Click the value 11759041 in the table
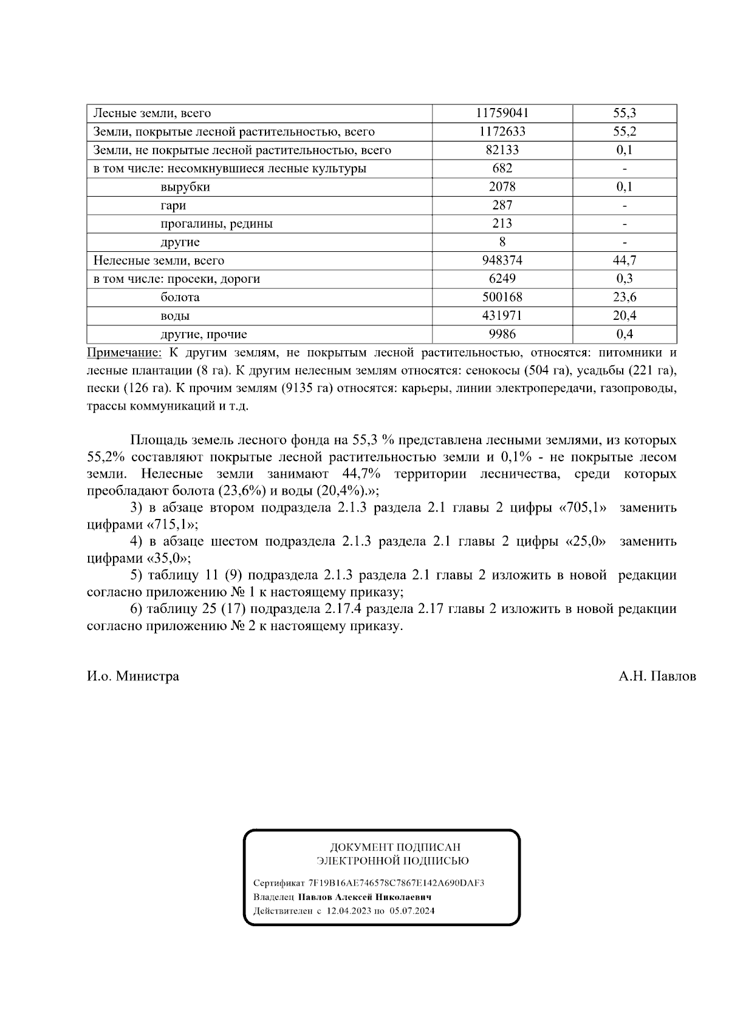(502, 113)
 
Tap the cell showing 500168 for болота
(502, 297)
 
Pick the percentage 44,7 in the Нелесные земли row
(625, 260)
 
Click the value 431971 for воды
(502, 316)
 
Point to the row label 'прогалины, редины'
(216, 223)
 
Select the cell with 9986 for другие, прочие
(502, 334)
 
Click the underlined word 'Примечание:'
(125, 353)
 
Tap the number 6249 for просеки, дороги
(502, 279)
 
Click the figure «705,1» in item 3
(582, 508)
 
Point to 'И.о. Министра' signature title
(133, 676)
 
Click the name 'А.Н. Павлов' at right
(657, 676)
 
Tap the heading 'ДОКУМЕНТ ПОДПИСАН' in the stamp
(395, 847)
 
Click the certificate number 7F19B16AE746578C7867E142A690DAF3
(396, 883)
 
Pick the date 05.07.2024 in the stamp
(412, 911)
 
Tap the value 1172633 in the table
(502, 132)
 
